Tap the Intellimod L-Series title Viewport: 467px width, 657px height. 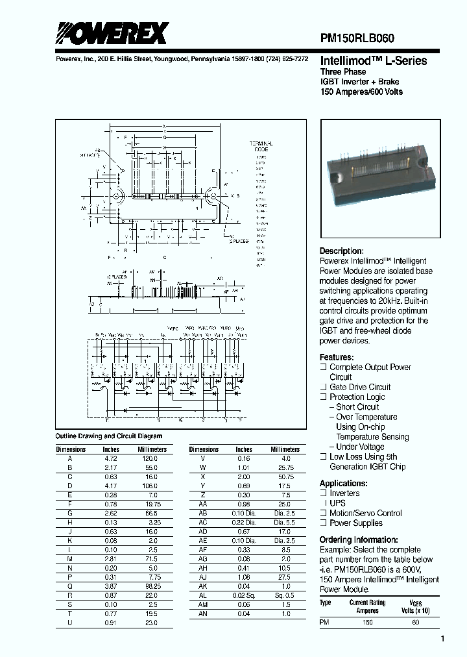(x=374, y=61)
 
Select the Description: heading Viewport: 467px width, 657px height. (x=341, y=251)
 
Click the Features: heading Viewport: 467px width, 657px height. (x=337, y=357)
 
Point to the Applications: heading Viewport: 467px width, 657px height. (x=343, y=483)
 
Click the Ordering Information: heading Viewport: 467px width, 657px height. (x=359, y=540)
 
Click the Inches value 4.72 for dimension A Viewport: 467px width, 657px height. (x=110, y=458)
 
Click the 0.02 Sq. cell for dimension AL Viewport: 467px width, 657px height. (x=245, y=595)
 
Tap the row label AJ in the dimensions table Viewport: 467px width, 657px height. (x=203, y=577)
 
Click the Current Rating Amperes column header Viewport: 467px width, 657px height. (x=368, y=606)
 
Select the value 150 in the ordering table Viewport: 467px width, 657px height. (x=368, y=623)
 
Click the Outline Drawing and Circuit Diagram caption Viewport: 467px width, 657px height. (x=109, y=436)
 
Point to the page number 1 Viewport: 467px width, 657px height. (x=442, y=639)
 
